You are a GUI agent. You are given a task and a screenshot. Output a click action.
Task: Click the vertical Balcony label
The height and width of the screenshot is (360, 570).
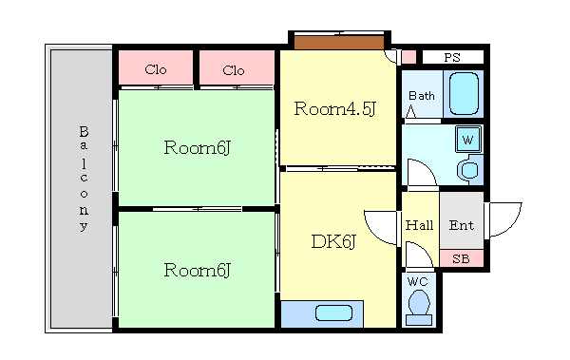pos(84,179)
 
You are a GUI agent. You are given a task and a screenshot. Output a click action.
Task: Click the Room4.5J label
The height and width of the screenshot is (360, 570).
pos(334,108)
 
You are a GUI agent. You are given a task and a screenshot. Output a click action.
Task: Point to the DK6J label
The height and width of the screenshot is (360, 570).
pos(333,241)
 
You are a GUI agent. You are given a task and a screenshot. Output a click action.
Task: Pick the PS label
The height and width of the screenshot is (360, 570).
pos(452,57)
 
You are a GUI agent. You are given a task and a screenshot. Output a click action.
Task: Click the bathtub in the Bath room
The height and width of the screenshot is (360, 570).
pos(464,94)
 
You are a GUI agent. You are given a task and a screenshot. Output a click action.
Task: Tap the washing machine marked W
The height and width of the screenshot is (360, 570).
pos(468,140)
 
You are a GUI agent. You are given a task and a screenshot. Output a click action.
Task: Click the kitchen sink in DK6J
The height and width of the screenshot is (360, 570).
pos(333,313)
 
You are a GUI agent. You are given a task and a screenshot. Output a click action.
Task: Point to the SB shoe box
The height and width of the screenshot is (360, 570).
pos(462,258)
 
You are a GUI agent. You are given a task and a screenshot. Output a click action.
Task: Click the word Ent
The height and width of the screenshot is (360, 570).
pos(462,225)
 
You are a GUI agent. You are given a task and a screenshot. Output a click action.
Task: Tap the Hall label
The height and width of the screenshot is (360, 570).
pos(419,225)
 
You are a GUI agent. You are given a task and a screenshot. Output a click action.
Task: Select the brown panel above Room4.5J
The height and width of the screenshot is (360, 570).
pos(339,42)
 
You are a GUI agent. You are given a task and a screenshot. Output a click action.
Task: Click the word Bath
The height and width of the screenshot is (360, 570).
pos(422,96)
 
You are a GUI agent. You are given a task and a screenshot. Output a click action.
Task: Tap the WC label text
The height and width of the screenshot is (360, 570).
pos(418,281)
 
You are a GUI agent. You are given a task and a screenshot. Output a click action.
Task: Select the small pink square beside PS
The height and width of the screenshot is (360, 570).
pos(408,57)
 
